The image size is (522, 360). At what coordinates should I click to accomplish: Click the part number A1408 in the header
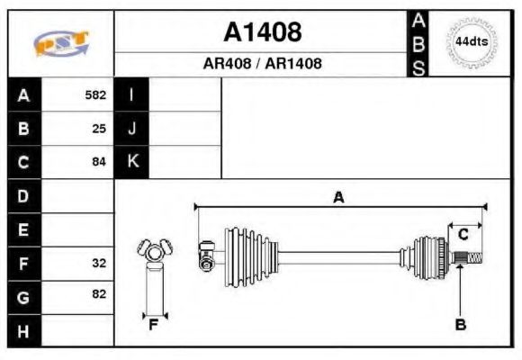tap(262, 33)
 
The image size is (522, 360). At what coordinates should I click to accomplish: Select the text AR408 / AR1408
tap(262, 65)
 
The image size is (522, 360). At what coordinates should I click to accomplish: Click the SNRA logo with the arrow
tap(61, 44)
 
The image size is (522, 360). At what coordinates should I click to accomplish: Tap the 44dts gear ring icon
tap(470, 42)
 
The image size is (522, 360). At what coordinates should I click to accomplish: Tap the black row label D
tap(23, 195)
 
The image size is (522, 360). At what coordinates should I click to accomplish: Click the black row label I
tap(131, 94)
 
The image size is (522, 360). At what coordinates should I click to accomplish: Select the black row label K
tap(131, 163)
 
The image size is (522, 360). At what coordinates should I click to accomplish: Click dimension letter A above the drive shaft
tap(338, 197)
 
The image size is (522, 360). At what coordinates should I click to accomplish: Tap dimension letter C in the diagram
tap(463, 235)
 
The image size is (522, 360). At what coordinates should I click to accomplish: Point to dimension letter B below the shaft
tap(460, 325)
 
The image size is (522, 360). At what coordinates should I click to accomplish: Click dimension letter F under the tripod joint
tap(153, 325)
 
